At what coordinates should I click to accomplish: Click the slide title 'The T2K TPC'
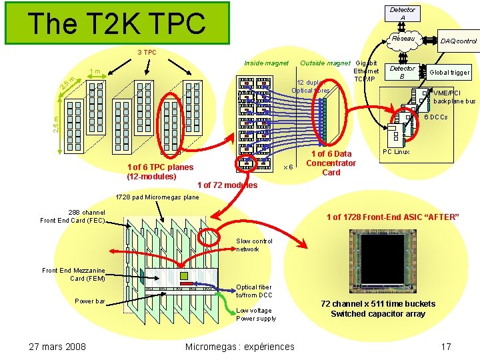tap(117, 23)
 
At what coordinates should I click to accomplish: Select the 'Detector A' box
tap(402, 13)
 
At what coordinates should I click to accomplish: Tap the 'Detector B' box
tap(402, 72)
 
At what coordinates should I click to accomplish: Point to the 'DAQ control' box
tap(458, 41)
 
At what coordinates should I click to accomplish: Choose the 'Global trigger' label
tap(449, 72)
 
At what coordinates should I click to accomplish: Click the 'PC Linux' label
tap(396, 152)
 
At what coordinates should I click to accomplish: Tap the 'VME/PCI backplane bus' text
tap(454, 97)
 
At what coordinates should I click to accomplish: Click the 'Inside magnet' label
tap(266, 63)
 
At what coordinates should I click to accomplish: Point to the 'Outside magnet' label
tap(325, 63)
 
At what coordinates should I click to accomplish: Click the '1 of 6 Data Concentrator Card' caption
tap(331, 163)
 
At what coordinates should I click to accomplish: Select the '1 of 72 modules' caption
tap(227, 185)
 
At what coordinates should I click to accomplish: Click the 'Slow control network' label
tap(254, 245)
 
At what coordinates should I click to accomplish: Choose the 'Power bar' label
tap(90, 301)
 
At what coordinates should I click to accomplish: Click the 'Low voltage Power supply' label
tap(255, 314)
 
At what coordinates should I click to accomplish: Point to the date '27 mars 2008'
tap(57, 346)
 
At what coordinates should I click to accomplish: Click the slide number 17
tap(446, 346)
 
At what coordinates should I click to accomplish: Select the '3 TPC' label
tap(147, 52)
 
